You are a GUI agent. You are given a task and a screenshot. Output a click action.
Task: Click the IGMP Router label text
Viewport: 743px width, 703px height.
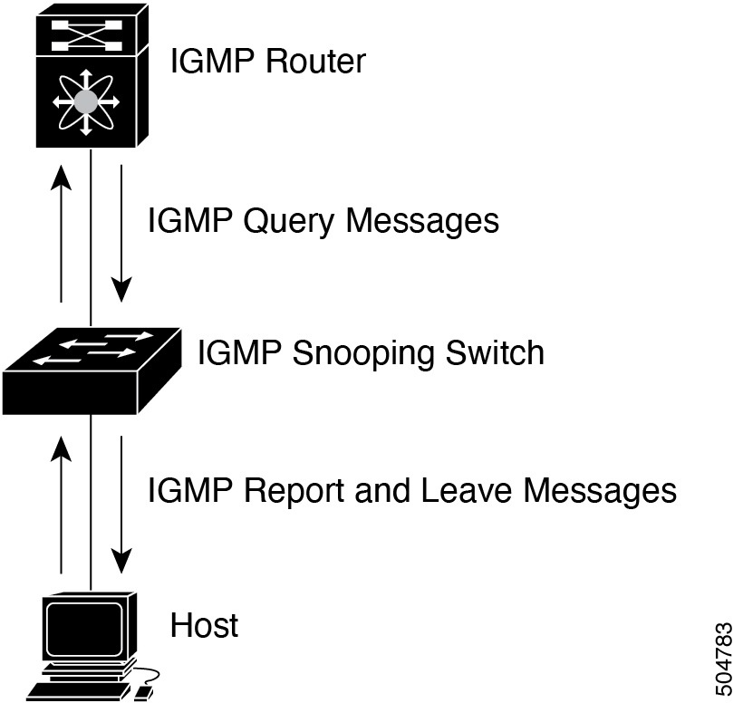click(x=268, y=62)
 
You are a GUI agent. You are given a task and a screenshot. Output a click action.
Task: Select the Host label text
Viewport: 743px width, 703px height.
click(x=205, y=625)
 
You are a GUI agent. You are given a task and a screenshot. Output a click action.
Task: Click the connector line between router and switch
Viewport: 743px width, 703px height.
click(x=92, y=236)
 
